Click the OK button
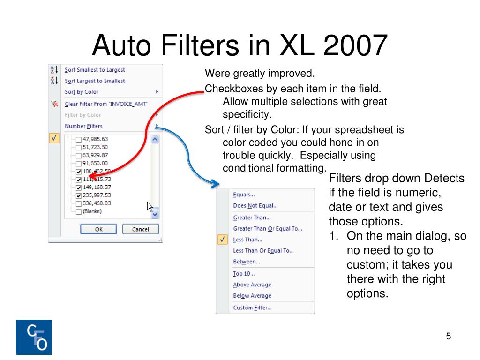click(98, 229)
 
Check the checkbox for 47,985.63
click(79, 140)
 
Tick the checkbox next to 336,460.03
click(79, 204)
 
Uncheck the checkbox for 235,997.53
click(79, 195)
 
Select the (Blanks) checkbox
click(79, 212)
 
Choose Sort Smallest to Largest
click(95, 70)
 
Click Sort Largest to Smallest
click(95, 81)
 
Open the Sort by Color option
click(82, 92)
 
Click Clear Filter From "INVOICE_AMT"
click(106, 104)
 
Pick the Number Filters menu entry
click(83, 126)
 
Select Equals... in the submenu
click(244, 195)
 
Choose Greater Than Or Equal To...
click(268, 229)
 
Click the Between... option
click(247, 262)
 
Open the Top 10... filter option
click(244, 274)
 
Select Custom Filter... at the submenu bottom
click(252, 307)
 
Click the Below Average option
click(252, 296)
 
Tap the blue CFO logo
click(34, 337)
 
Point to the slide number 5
click(449, 336)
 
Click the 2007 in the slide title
click(355, 45)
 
